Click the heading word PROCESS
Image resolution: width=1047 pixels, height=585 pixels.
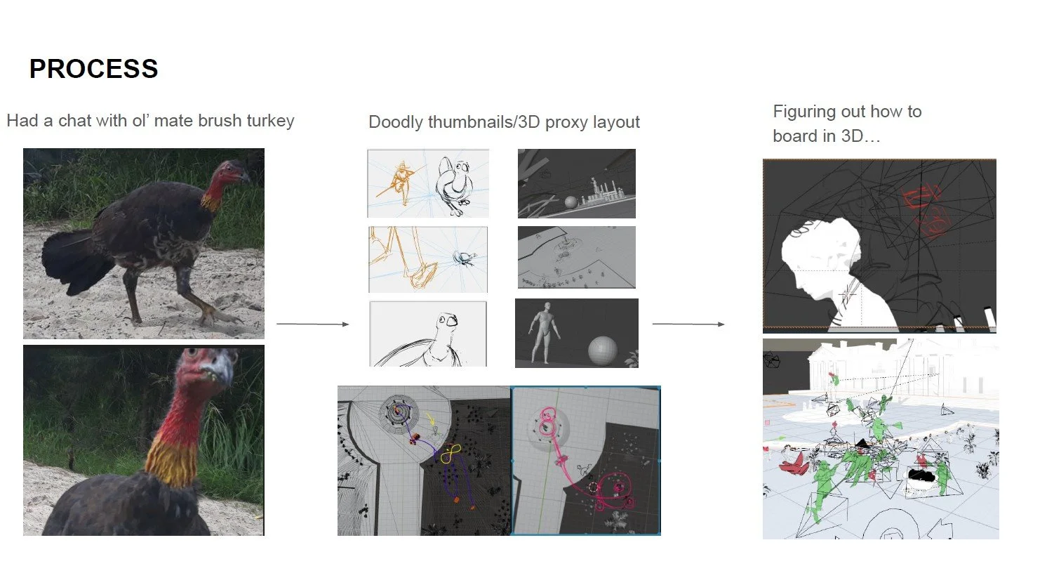click(x=93, y=69)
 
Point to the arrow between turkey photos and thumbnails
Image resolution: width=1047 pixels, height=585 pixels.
click(x=312, y=324)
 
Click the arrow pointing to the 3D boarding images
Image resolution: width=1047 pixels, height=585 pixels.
click(x=688, y=324)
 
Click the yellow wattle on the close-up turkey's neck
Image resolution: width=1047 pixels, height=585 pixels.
click(x=171, y=461)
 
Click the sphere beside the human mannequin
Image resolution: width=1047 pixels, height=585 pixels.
click(x=602, y=350)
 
